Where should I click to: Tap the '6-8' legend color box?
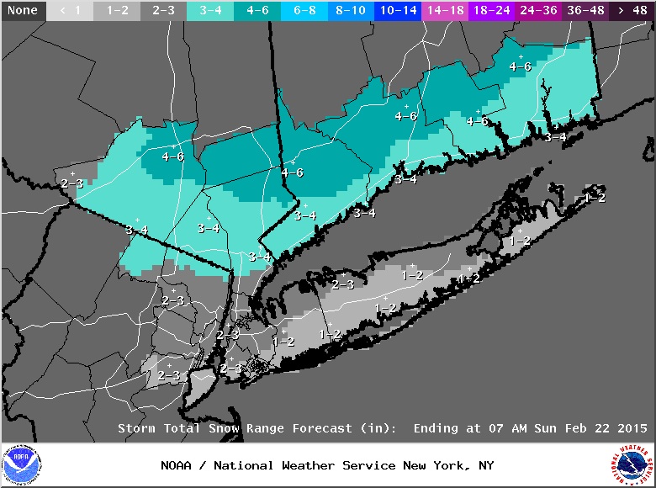[x=302, y=11]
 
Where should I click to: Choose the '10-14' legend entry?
[x=396, y=11]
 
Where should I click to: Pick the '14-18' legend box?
[x=443, y=11]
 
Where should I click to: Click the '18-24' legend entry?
[x=490, y=11]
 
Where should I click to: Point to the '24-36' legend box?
[x=537, y=11]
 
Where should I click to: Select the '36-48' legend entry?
[x=585, y=11]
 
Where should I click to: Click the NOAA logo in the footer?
[x=21, y=466]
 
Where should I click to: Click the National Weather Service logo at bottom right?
[x=632, y=466]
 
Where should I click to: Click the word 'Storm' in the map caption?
[x=135, y=428]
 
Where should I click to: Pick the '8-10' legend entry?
[x=349, y=11]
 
